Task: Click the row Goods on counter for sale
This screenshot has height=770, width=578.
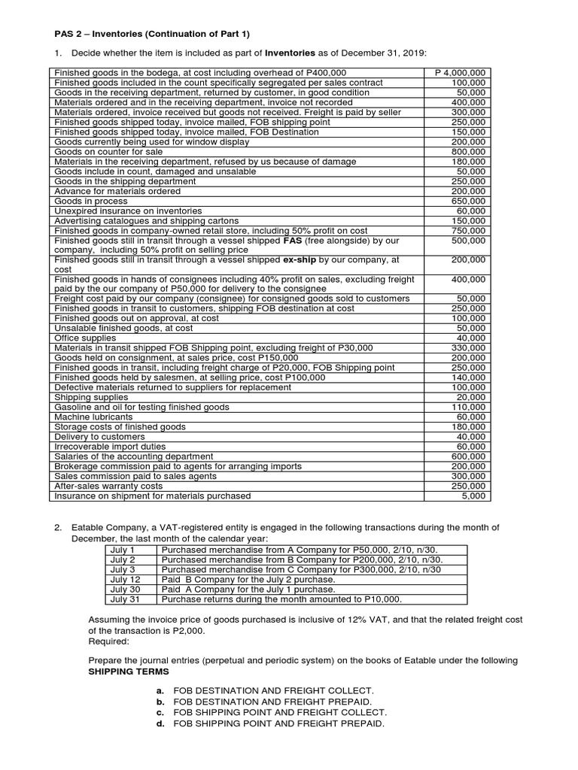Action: [x=108, y=151]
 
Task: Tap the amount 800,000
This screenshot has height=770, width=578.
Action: [x=470, y=151]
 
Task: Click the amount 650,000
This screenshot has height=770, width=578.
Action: [x=470, y=201]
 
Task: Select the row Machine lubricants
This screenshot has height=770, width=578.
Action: [x=93, y=417]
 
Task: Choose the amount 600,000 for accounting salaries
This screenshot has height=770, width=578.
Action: [x=470, y=456]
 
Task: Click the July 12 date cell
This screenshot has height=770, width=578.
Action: [x=125, y=579]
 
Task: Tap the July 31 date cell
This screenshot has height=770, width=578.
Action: [x=125, y=599]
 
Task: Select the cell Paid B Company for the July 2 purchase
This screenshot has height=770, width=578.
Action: [x=248, y=579]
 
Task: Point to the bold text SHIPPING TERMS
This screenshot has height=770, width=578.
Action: [x=129, y=671]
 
